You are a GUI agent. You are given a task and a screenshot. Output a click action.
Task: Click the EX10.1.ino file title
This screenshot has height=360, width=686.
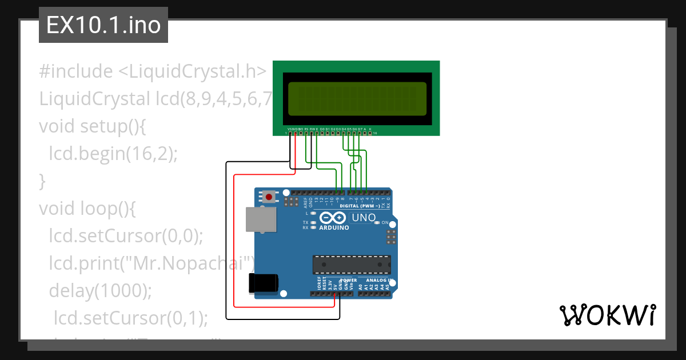coord(103,25)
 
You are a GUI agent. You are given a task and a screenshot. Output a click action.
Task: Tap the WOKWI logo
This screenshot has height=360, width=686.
coord(607,315)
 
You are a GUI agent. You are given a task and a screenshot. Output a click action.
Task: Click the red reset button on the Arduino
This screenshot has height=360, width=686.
coord(268,197)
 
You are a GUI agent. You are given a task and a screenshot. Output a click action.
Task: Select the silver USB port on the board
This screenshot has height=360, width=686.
coord(260,219)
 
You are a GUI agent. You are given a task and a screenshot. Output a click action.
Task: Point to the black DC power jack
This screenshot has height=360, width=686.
coord(264,284)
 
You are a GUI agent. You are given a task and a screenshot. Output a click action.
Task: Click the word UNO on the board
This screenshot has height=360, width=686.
coord(363,218)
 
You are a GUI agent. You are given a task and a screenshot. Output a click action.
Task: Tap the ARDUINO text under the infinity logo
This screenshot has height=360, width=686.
coord(334,227)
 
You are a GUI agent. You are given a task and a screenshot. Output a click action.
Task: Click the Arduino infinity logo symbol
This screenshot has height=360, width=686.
coord(333,218)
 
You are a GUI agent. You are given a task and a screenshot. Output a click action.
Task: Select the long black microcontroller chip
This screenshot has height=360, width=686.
coord(352,265)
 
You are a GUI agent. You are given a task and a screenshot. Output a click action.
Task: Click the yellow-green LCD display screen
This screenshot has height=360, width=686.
coord(357,97)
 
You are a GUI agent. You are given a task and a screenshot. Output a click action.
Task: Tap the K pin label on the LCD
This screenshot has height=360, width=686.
coord(370,129)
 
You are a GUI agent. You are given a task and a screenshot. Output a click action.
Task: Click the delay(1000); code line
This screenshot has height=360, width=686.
coord(101,290)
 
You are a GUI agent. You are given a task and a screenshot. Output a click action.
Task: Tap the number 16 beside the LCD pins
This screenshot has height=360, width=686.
coord(375,133)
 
